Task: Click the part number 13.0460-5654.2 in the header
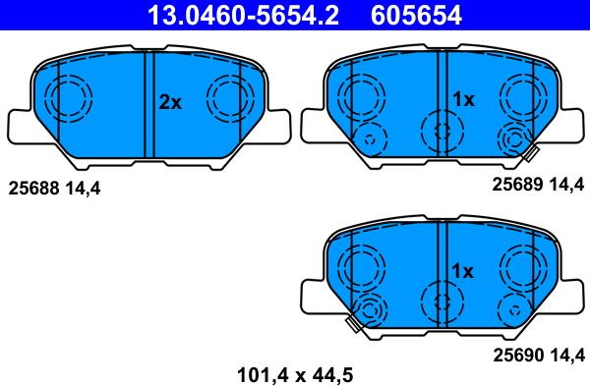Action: (x=243, y=15)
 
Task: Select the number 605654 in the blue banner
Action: (x=416, y=15)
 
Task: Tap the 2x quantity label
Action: (x=170, y=102)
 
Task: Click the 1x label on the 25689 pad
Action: (x=463, y=99)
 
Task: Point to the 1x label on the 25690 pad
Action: (x=462, y=271)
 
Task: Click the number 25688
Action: (x=33, y=188)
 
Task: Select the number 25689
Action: (x=518, y=185)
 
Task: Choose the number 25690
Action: (x=518, y=355)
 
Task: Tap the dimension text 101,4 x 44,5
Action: (x=295, y=375)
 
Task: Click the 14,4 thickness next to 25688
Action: (x=83, y=189)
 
